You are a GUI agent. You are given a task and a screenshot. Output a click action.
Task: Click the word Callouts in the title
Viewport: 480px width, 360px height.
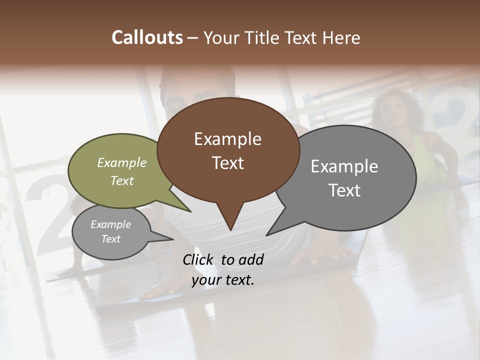click(x=147, y=38)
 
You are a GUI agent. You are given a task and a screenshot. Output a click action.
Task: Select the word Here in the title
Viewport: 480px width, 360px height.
click(x=340, y=38)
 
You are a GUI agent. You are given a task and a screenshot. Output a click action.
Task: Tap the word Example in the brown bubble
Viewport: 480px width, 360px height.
click(x=227, y=139)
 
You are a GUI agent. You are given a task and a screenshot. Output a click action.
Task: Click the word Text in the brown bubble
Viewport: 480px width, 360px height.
click(x=227, y=163)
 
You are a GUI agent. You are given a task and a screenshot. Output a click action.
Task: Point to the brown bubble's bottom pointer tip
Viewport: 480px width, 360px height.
click(x=230, y=230)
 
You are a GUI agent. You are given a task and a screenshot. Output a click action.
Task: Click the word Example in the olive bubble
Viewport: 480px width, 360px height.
click(x=122, y=163)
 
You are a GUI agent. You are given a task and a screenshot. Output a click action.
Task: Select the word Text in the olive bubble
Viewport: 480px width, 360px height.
click(x=122, y=181)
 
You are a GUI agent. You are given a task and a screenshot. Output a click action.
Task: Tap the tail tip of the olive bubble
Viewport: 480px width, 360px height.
click(x=190, y=211)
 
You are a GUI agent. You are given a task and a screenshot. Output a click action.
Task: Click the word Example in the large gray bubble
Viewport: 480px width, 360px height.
click(x=344, y=166)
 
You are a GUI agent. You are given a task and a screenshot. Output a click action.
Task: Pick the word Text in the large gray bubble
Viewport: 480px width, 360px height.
click(x=344, y=190)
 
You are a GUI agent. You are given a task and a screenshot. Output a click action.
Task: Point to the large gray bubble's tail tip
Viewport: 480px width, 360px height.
click(x=266, y=235)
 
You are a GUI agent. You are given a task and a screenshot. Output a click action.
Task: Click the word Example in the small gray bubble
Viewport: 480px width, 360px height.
click(x=110, y=224)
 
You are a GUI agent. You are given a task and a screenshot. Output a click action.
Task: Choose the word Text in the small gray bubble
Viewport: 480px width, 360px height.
click(x=110, y=239)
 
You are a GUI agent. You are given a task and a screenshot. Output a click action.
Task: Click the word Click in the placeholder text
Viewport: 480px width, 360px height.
click(x=199, y=259)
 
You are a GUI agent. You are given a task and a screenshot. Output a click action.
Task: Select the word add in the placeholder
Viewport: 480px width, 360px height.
click(x=251, y=259)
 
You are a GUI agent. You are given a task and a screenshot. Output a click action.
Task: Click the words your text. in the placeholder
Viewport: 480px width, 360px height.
click(x=223, y=280)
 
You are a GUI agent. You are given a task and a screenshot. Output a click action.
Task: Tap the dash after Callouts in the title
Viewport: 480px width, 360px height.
click(x=193, y=38)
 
